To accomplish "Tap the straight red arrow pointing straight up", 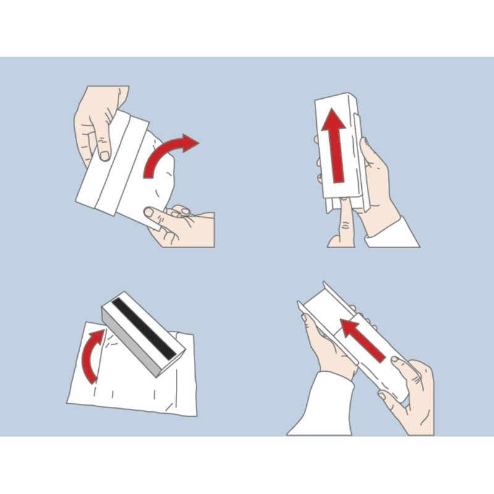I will [x=336, y=148].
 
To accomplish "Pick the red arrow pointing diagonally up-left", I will [x=364, y=340].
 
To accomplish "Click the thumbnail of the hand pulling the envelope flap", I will [x=149, y=212].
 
